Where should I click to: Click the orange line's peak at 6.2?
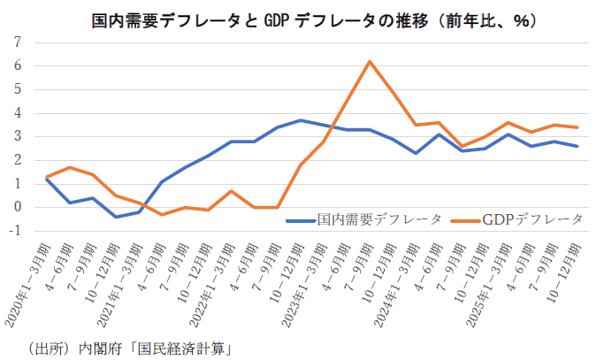370,61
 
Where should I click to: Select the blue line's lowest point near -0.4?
116,217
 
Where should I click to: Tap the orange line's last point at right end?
578,127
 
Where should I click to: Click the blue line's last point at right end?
578,146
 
